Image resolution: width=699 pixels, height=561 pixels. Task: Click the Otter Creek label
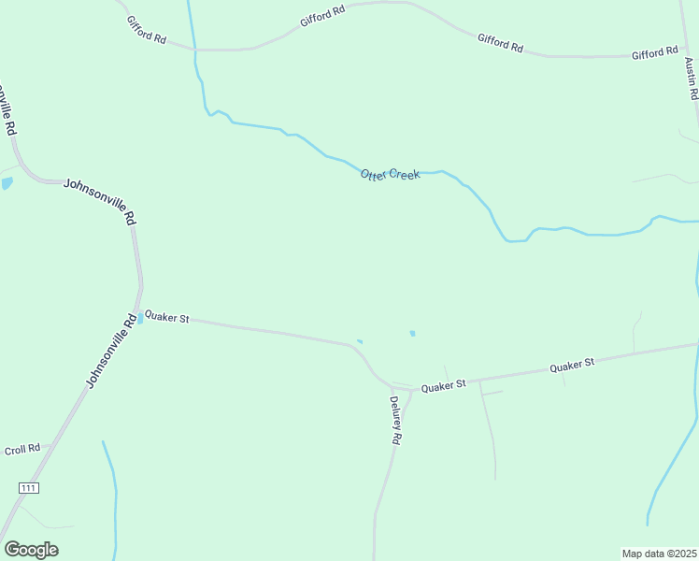(391, 175)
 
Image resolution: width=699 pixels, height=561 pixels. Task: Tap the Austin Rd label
(691, 80)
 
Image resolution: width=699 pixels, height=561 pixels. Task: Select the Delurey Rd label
(395, 420)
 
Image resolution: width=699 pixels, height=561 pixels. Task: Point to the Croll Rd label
(21, 449)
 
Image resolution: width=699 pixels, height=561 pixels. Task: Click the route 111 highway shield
(28, 488)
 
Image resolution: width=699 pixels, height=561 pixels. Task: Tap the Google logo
(31, 549)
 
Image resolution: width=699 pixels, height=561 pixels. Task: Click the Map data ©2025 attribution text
(659, 554)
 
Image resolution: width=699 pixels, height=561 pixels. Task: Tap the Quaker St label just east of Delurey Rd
(443, 385)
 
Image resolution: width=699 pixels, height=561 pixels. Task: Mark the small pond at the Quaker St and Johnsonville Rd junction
(140, 319)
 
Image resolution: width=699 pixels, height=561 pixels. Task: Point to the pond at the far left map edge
(6, 183)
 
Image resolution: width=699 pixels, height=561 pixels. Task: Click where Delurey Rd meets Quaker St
(409, 389)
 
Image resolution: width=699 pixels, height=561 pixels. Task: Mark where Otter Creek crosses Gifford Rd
(193, 50)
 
